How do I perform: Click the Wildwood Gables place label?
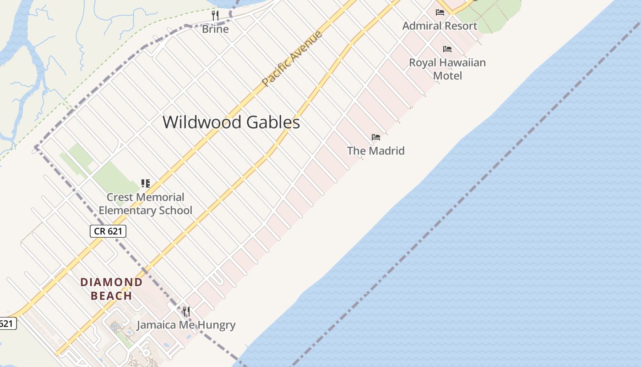pyautogui.click(x=231, y=122)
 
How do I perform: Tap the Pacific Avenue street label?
pyautogui.click(x=292, y=58)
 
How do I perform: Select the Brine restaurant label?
pyautogui.click(x=215, y=29)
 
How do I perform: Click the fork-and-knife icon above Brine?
pyautogui.click(x=215, y=16)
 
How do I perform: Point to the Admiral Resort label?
pyautogui.click(x=440, y=26)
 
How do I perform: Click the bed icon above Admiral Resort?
pyautogui.click(x=440, y=12)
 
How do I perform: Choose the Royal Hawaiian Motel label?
pyautogui.click(x=447, y=69)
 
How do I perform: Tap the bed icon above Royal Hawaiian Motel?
pyautogui.click(x=447, y=49)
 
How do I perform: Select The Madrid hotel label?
pyautogui.click(x=375, y=150)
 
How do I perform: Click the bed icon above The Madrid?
pyautogui.click(x=376, y=137)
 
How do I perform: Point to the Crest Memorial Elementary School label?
pyautogui.click(x=146, y=204)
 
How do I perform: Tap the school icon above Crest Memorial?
pyautogui.click(x=146, y=184)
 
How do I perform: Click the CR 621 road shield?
pyautogui.click(x=108, y=231)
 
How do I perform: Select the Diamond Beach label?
pyautogui.click(x=112, y=289)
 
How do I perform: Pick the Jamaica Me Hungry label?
pyautogui.click(x=186, y=325)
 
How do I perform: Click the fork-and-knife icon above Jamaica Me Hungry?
pyautogui.click(x=186, y=311)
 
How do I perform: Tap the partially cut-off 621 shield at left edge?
pyautogui.click(x=7, y=323)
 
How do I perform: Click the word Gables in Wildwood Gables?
pyautogui.click(x=273, y=122)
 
